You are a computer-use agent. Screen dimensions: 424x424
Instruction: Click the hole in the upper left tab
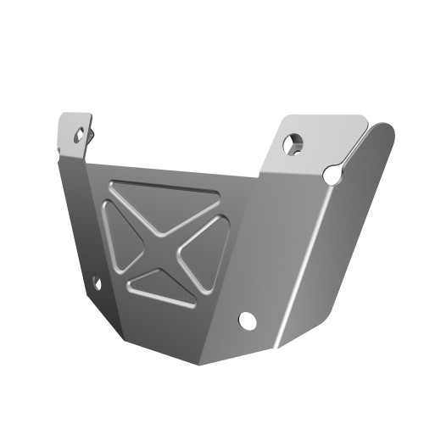click(x=80, y=134)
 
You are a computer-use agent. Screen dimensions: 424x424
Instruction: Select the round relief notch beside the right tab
click(x=333, y=174)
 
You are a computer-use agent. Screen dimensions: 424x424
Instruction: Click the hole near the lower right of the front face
click(x=248, y=320)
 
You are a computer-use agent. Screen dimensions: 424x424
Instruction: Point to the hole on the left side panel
click(x=96, y=282)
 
